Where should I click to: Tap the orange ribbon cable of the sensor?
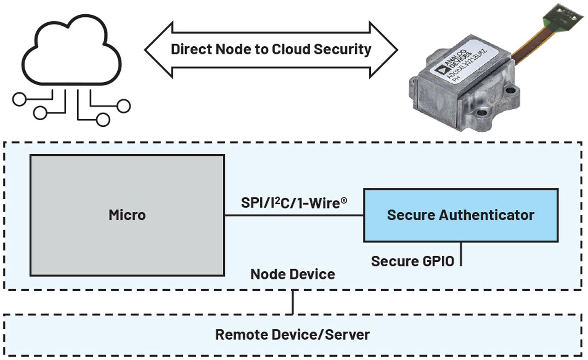(524, 46)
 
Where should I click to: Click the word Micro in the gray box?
(127, 215)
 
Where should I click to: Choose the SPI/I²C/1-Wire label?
(294, 202)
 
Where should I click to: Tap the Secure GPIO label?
(412, 261)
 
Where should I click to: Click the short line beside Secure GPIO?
(460, 254)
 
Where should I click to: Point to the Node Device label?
(293, 274)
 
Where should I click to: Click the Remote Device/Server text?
(293, 334)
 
